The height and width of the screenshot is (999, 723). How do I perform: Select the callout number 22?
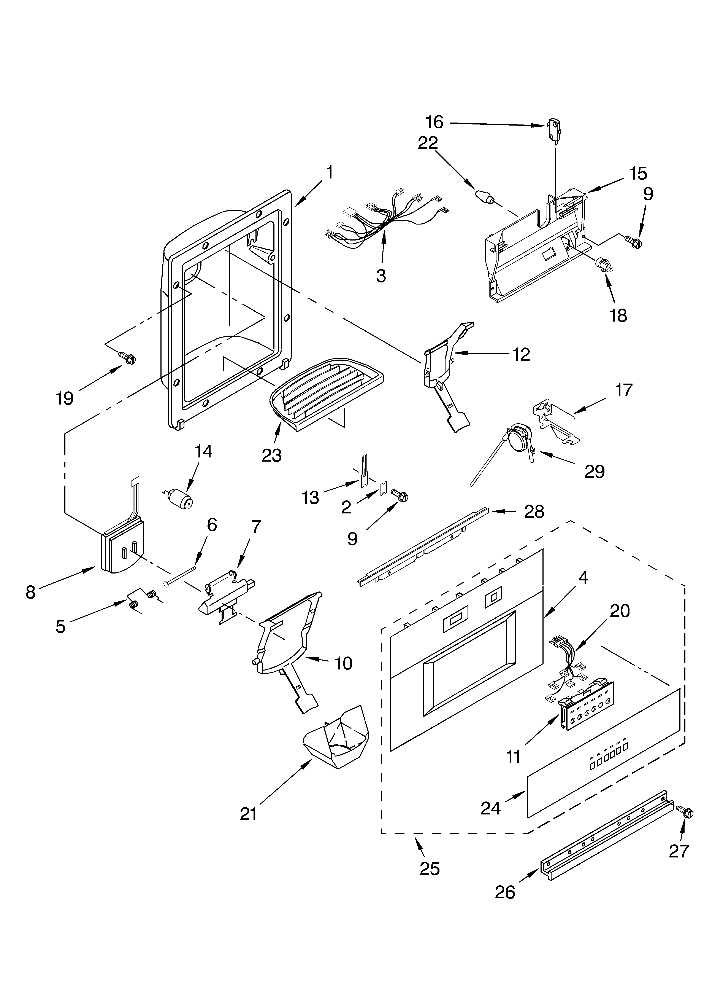pos(428,143)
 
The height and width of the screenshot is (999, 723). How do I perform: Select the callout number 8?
pos(30,593)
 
